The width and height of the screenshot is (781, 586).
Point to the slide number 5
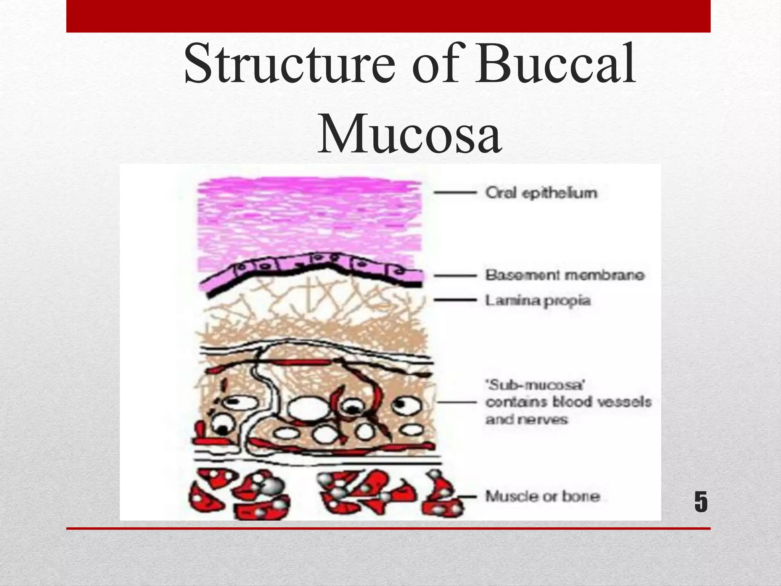coord(701,502)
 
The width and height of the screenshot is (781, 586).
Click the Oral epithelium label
coord(541,193)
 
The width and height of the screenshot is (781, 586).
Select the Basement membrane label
coord(565,275)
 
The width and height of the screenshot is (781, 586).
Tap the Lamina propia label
coord(538,301)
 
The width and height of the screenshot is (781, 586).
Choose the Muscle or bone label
coord(543,496)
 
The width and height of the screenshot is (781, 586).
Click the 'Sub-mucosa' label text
coord(535,385)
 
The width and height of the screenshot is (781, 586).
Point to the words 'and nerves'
coord(527,420)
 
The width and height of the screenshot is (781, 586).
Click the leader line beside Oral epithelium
coord(455,193)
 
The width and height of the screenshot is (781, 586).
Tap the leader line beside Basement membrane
coord(455,275)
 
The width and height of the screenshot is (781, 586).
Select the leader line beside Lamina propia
coord(455,300)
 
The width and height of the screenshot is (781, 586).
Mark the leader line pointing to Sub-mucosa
coord(457,402)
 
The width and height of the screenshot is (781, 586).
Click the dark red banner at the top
coord(388,16)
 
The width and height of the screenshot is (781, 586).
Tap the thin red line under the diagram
coord(388,528)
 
